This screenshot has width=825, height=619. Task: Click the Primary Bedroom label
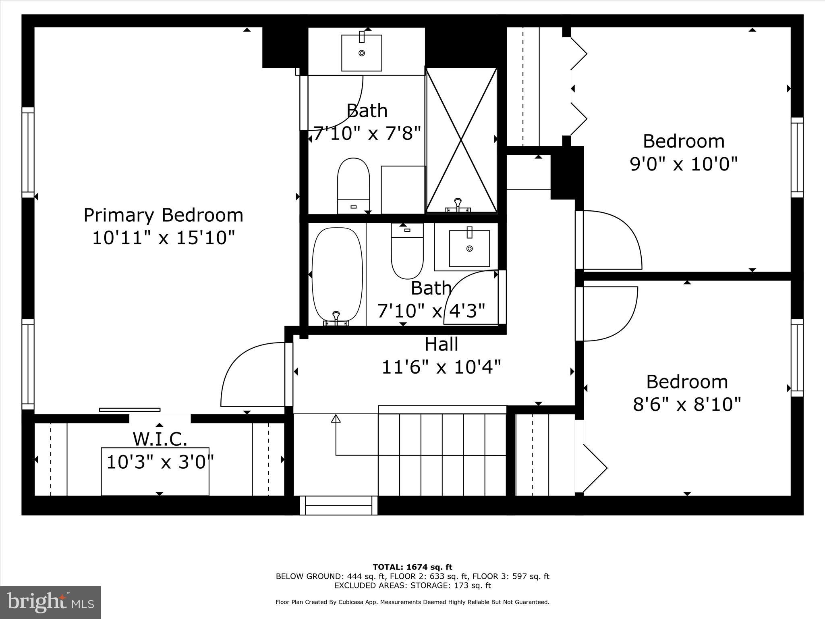tap(163, 215)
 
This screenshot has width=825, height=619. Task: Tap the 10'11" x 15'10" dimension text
tap(163, 238)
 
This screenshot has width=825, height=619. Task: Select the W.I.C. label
tap(160, 439)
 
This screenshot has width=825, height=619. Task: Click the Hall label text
tap(441, 345)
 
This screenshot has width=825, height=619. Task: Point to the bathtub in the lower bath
tap(337, 274)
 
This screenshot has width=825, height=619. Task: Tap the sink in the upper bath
tap(361, 53)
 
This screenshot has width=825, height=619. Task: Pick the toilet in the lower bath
tap(407, 252)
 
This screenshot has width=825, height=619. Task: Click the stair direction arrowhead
tap(336, 419)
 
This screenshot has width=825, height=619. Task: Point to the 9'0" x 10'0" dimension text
tap(684, 164)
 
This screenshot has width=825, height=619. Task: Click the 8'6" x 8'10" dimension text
tap(687, 404)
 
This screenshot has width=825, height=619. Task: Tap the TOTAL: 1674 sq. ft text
tap(412, 567)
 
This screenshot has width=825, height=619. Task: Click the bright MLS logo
tap(50, 602)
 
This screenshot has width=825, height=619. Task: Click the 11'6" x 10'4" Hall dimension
tap(441, 367)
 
